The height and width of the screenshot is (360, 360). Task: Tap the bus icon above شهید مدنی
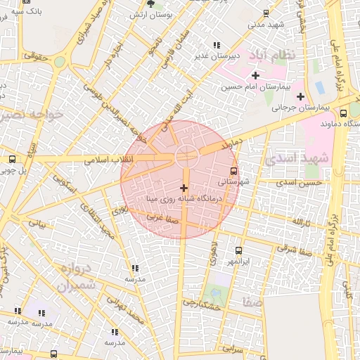266,13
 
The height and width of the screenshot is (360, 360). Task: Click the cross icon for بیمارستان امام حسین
255,75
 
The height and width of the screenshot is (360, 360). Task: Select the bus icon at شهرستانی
233,170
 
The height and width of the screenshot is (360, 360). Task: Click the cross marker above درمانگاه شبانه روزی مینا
184,188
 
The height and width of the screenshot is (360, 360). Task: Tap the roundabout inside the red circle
186,156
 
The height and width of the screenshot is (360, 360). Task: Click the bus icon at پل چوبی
13,160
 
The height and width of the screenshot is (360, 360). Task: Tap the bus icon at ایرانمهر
239,250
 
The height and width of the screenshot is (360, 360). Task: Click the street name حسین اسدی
299,183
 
